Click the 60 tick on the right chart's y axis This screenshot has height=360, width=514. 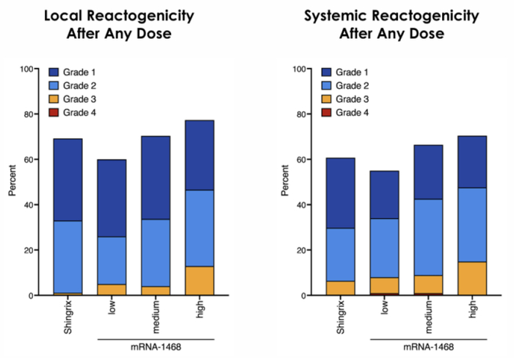303,159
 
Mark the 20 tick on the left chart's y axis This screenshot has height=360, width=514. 31,250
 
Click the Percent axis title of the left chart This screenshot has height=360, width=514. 12,182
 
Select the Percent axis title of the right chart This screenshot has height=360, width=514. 285,182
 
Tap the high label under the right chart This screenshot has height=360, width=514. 472,312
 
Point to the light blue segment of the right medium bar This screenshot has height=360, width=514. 427,237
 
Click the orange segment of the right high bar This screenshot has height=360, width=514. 472,278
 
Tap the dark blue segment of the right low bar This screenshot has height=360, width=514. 383,195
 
